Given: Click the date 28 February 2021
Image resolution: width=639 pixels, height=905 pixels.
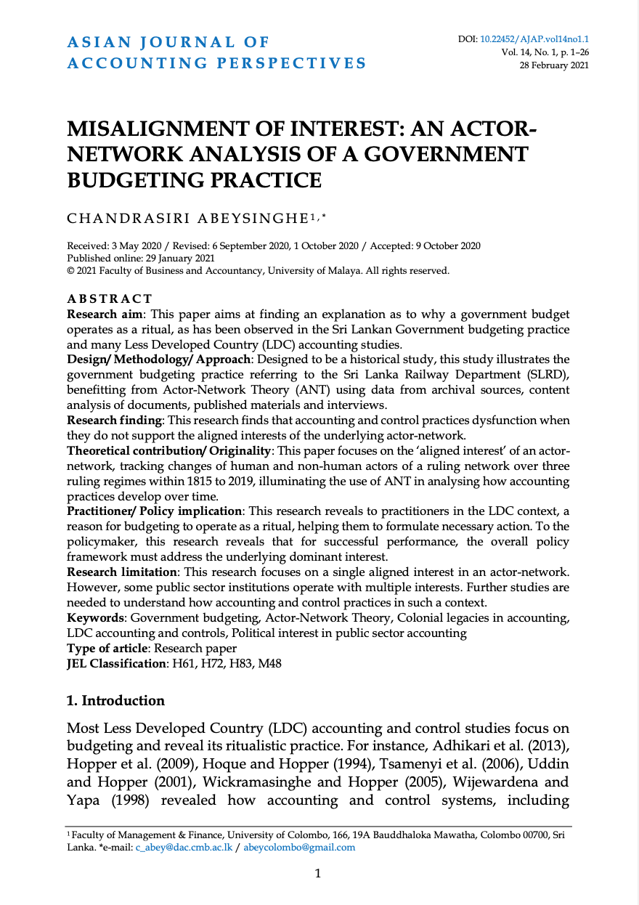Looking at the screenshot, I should pyautogui.click(x=553, y=65).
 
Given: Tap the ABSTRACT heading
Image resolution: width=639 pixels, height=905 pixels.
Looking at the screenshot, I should pyautogui.click(x=110, y=299).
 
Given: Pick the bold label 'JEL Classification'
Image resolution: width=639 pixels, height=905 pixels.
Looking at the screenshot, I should pyautogui.click(x=116, y=663).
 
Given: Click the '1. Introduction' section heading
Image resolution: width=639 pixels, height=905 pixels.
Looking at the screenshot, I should pyautogui.click(x=115, y=701).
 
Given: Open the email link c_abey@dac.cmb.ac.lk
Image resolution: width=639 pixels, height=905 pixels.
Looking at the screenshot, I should pyautogui.click(x=183, y=847).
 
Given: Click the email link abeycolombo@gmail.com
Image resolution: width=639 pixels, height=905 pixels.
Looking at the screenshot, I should pyautogui.click(x=299, y=847).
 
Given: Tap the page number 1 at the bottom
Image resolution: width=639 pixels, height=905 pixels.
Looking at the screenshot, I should pyautogui.click(x=318, y=873).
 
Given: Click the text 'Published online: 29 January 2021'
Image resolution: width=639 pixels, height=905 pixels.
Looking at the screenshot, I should pyautogui.click(x=142, y=258).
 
